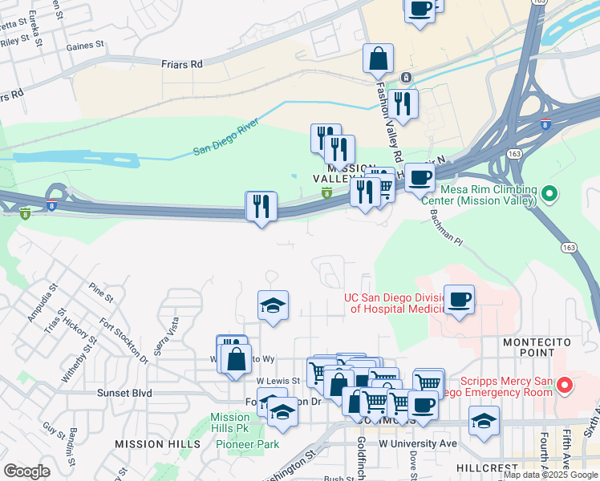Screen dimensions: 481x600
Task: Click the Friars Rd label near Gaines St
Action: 180,63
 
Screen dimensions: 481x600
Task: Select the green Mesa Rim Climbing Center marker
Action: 549,193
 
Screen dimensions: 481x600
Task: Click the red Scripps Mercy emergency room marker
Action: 565,386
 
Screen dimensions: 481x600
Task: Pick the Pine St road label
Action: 102,292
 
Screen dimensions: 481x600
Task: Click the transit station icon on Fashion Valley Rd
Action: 407,78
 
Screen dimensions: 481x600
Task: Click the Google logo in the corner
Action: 26,471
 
